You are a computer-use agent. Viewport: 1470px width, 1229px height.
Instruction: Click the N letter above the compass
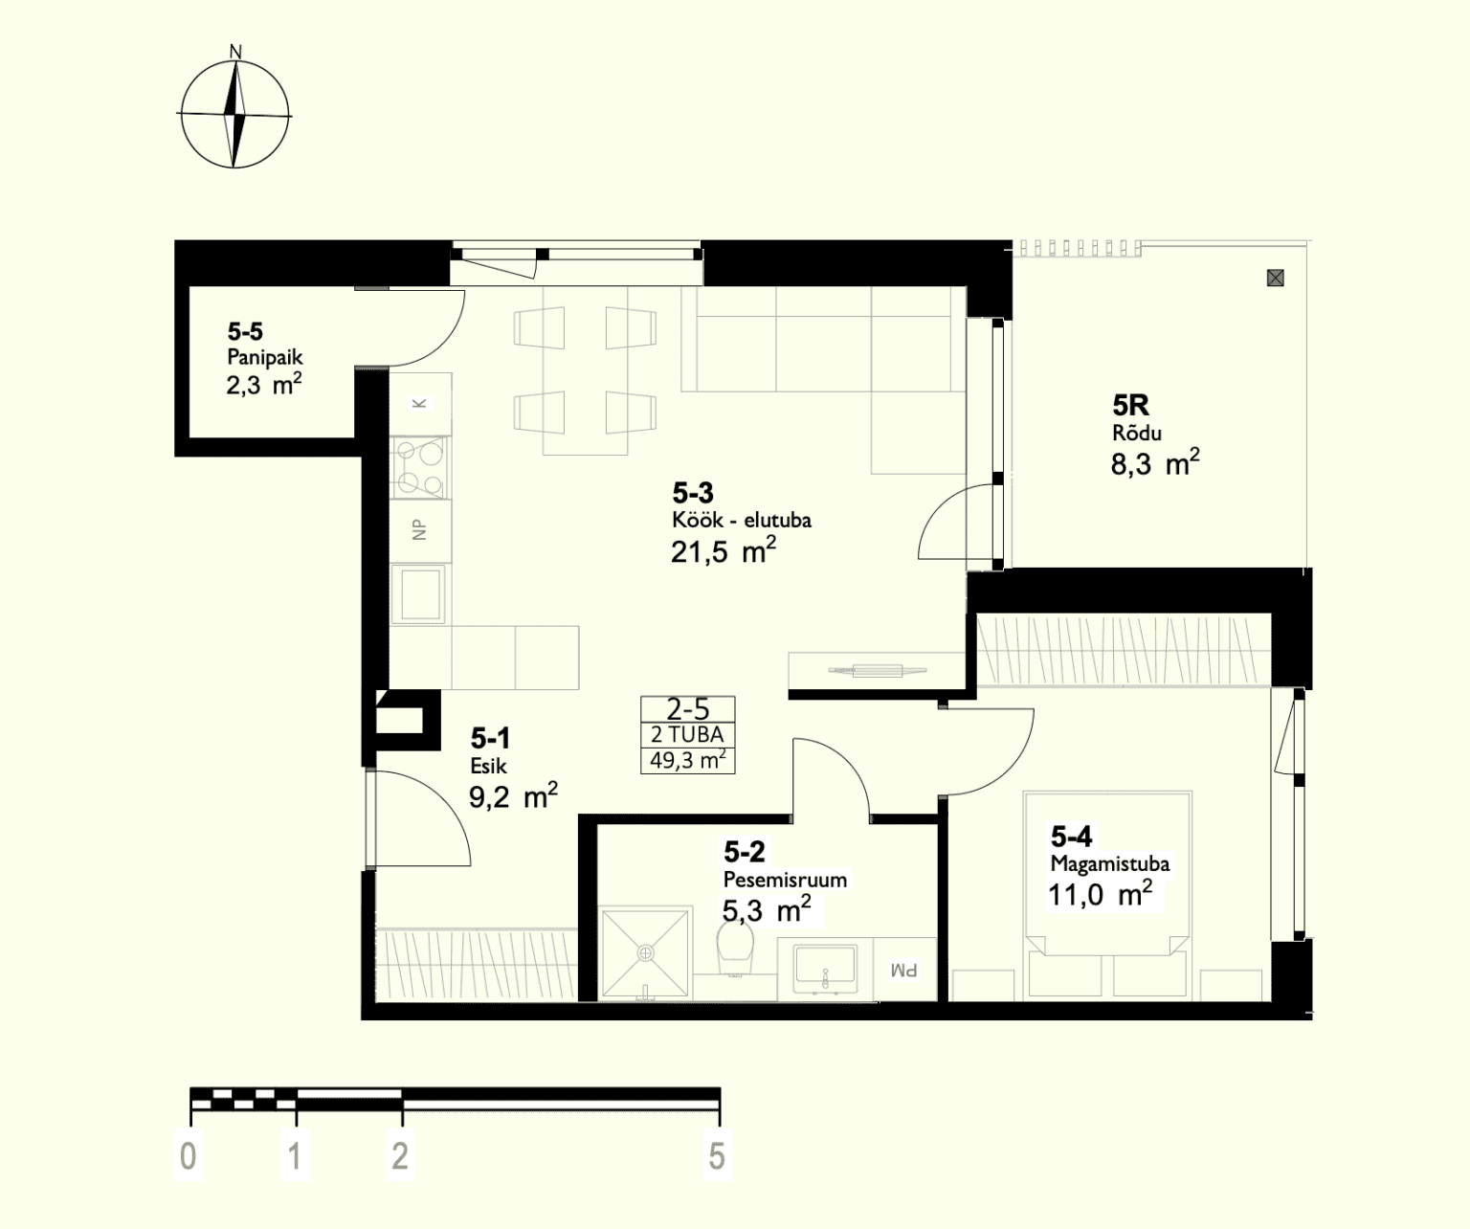tap(235, 52)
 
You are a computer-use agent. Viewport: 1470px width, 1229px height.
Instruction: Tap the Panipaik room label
tap(265, 357)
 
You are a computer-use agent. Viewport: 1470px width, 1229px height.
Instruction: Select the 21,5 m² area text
tap(724, 550)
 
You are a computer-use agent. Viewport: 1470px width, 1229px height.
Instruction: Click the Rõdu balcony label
tap(1137, 433)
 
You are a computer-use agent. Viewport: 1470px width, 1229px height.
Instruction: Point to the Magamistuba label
tap(1110, 863)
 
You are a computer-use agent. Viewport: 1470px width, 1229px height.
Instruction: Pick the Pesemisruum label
tap(785, 879)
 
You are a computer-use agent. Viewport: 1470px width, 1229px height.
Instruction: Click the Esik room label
tap(489, 766)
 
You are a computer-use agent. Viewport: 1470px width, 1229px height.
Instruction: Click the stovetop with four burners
tap(420, 468)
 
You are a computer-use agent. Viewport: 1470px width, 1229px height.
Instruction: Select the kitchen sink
tap(420, 593)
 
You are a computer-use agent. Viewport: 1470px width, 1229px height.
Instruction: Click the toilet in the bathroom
tap(735, 948)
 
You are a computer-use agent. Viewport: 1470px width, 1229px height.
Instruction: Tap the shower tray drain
tap(645, 953)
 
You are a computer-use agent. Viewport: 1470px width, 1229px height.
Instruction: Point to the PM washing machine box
tap(904, 970)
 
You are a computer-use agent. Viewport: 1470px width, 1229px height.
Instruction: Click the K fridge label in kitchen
tap(419, 404)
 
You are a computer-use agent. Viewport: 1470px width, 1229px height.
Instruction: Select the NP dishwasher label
tap(419, 529)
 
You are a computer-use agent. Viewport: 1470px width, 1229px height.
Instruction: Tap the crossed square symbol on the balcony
tap(1275, 279)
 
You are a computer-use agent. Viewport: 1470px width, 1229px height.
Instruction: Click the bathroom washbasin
tap(824, 967)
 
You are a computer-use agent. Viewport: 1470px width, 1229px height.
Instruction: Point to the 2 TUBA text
tap(687, 734)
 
